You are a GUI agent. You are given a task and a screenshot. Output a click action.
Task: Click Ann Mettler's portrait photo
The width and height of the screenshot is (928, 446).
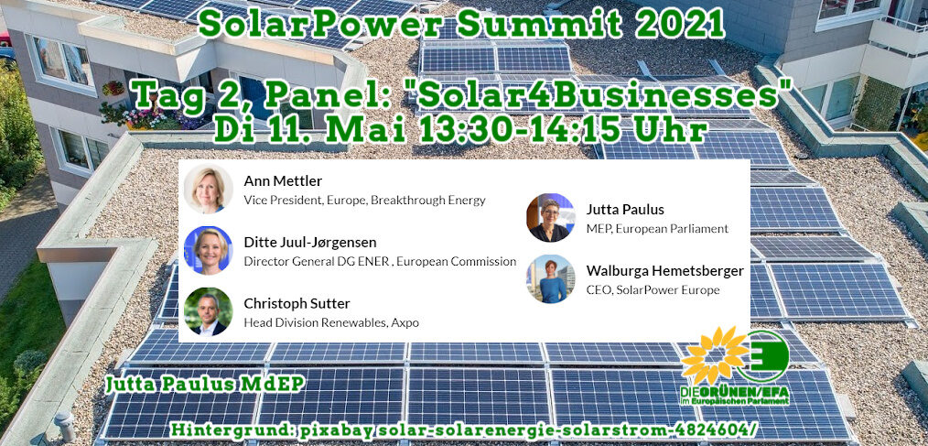tap(208, 189)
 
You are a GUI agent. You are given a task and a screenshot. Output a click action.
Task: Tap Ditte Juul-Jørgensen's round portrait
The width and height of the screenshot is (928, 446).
tap(208, 250)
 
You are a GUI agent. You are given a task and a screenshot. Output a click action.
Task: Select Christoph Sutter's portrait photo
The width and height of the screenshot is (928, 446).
tap(208, 311)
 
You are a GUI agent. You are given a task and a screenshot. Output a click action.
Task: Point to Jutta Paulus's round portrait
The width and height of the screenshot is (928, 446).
tap(550, 217)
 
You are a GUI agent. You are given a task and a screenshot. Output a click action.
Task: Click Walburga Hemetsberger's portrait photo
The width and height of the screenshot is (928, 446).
tap(550, 279)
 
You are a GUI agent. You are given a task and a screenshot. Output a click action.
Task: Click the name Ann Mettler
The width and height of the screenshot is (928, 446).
tap(283, 180)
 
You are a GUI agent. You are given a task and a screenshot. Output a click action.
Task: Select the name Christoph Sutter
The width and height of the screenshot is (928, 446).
tap(297, 304)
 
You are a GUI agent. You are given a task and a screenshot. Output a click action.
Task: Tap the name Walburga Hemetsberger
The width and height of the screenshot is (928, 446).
tap(665, 271)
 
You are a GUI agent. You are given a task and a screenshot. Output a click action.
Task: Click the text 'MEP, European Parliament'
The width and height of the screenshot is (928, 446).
tap(657, 229)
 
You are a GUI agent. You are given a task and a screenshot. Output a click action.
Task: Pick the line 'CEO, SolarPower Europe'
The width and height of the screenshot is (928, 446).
tap(653, 290)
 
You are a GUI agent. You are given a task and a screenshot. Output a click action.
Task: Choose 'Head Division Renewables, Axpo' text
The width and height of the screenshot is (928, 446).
tap(331, 323)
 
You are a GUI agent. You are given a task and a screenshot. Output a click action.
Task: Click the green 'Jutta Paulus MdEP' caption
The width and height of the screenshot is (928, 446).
tap(205, 385)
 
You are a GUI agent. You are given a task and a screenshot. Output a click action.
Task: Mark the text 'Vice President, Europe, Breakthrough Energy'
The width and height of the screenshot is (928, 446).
tap(364, 201)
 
